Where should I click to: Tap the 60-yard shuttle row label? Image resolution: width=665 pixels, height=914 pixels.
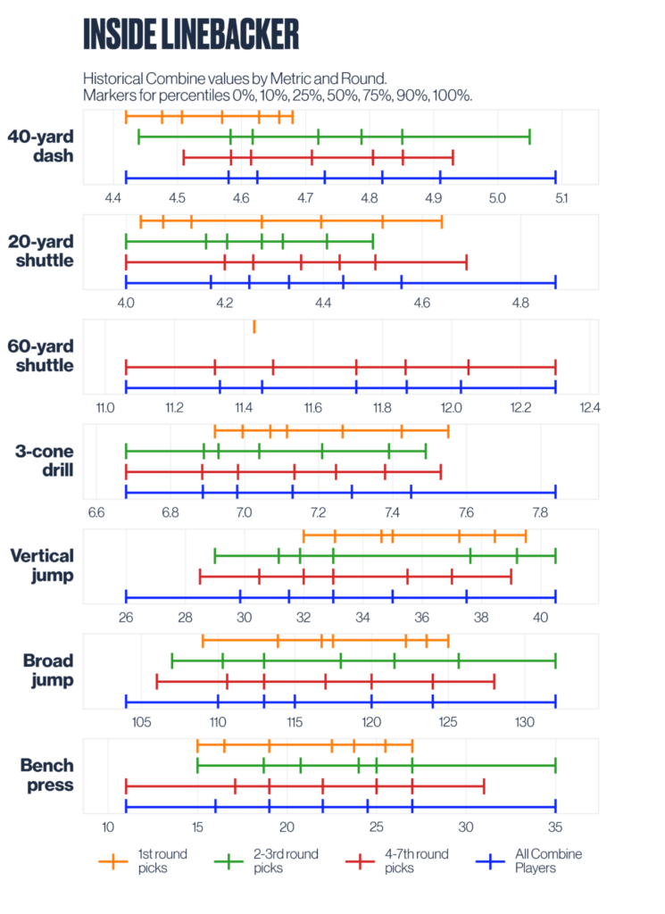click(x=40, y=355)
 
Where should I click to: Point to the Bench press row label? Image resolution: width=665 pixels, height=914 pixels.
click(x=42, y=775)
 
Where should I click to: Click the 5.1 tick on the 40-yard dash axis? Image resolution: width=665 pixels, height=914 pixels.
click(x=561, y=196)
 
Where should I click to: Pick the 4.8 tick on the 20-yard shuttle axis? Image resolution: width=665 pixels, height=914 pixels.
click(x=520, y=302)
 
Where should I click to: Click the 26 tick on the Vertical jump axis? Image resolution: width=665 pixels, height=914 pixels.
click(x=126, y=616)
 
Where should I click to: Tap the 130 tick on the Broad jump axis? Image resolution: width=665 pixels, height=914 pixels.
click(x=524, y=721)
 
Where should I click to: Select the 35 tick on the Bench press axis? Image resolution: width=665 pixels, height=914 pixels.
click(x=555, y=826)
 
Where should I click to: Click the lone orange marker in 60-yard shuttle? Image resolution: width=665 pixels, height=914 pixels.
click(x=254, y=327)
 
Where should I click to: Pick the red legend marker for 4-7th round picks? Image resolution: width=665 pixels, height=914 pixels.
click(x=359, y=860)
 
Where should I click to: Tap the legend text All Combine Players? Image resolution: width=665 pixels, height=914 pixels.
click(x=548, y=860)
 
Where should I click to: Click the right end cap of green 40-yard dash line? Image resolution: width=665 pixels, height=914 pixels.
click(x=529, y=137)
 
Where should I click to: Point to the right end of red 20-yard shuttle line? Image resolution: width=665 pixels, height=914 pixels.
click(x=466, y=262)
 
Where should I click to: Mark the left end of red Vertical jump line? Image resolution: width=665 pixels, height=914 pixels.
click(x=200, y=577)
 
